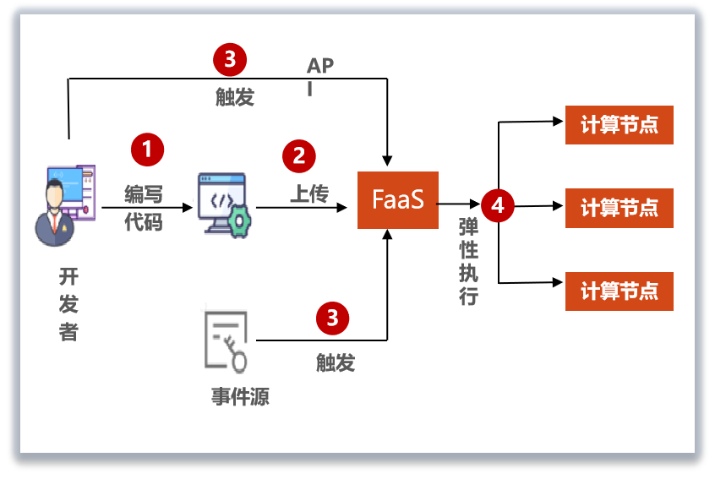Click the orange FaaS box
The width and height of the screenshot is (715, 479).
[398, 200]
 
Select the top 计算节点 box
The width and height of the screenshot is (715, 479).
[619, 127]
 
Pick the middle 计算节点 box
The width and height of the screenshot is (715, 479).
[619, 209]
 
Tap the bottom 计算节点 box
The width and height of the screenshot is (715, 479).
[619, 291]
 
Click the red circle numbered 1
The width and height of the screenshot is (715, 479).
[147, 150]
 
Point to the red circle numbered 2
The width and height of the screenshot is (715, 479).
[298, 155]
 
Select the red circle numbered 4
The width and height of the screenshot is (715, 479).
[498, 205]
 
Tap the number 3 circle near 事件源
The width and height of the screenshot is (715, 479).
[332, 318]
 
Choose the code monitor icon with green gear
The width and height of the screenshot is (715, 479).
[224, 204]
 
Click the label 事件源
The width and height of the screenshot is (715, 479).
[240, 395]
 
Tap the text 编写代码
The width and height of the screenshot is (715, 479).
[143, 208]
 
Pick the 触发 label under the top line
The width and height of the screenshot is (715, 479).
[234, 96]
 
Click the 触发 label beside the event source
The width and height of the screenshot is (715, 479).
[336, 362]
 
